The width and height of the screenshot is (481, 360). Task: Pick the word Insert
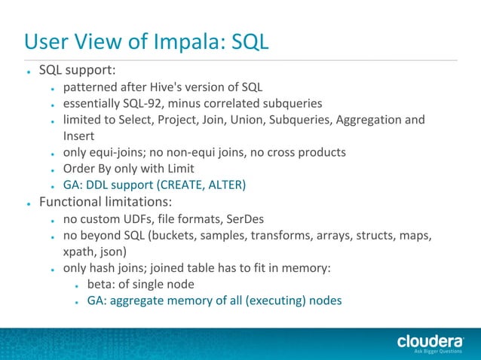[x=78, y=136]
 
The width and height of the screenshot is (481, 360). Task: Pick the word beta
[x=101, y=285]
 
